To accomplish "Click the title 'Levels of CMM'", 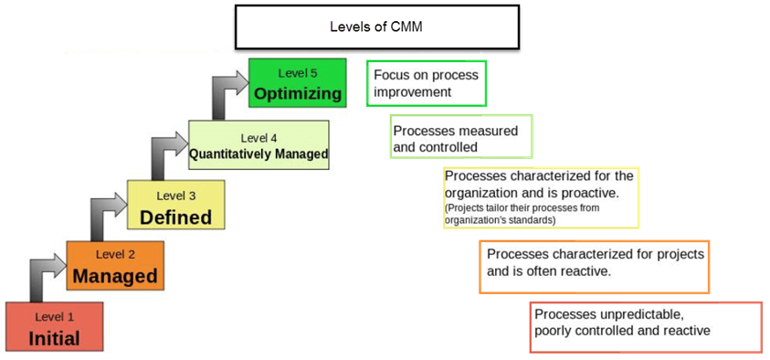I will point(375,27).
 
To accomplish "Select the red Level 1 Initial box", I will point(54,327).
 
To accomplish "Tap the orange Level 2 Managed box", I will point(115,266).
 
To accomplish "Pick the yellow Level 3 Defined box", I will point(175,205).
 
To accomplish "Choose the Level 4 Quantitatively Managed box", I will point(258,144).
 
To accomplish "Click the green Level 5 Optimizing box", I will point(298,83).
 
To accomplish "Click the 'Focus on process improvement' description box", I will point(426,83).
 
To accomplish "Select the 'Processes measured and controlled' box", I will point(460,137).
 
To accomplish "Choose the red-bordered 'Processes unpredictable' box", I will point(645,326).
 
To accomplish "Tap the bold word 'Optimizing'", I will point(298,93).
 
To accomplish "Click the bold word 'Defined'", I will point(175,217).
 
